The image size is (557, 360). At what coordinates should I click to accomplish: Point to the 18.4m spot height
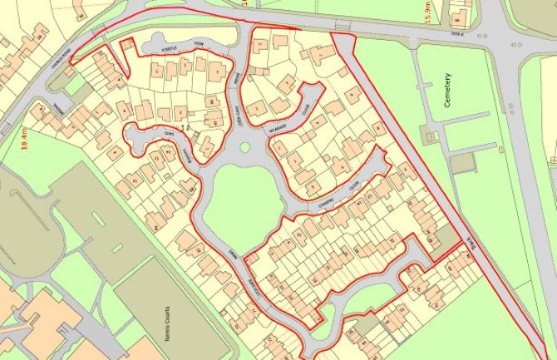click(24, 137)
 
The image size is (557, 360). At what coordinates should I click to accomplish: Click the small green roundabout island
click(245, 149)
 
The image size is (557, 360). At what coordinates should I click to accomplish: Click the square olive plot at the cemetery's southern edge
click(463, 162)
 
